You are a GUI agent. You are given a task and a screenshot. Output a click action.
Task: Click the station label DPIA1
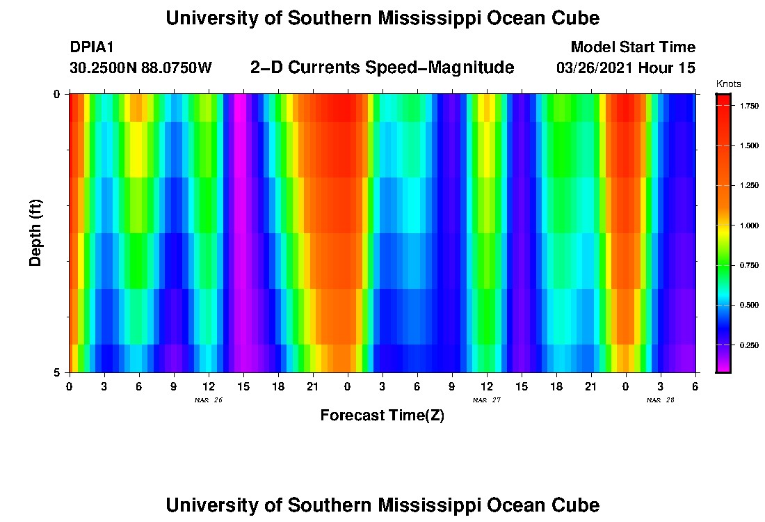92,47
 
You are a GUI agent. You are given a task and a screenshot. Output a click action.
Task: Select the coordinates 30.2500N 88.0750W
140,68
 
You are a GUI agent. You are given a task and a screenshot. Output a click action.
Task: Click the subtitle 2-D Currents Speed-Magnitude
382,68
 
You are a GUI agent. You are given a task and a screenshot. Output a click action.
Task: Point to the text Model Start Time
632,47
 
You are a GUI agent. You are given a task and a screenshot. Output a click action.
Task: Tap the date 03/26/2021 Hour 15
625,68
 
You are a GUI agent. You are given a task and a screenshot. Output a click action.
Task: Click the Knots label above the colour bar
728,84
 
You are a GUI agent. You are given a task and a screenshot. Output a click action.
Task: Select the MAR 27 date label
486,400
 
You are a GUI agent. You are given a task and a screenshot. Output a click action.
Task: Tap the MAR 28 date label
660,400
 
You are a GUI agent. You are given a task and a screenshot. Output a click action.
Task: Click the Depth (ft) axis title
36,233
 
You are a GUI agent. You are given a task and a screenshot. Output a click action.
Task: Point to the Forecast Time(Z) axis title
382,416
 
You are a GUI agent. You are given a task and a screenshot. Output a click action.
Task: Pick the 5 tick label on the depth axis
57,372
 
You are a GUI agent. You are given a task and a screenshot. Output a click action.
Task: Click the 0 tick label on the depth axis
57,94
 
